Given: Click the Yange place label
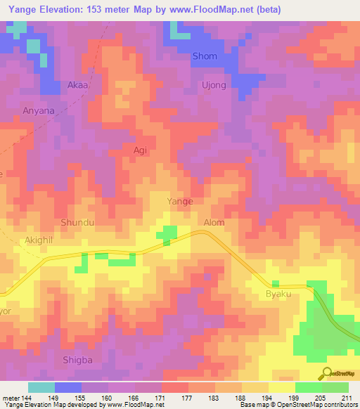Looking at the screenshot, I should [179, 201].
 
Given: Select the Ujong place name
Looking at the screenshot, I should [214, 86].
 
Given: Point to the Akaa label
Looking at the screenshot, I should [77, 84].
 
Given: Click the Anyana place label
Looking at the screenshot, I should [38, 110].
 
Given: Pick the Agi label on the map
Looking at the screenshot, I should [140, 150].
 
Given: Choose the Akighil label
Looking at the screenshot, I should [39, 239].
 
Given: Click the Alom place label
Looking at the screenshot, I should [213, 223].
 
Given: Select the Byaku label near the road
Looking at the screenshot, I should [278, 294].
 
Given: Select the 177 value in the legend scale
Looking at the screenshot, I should [188, 398].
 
